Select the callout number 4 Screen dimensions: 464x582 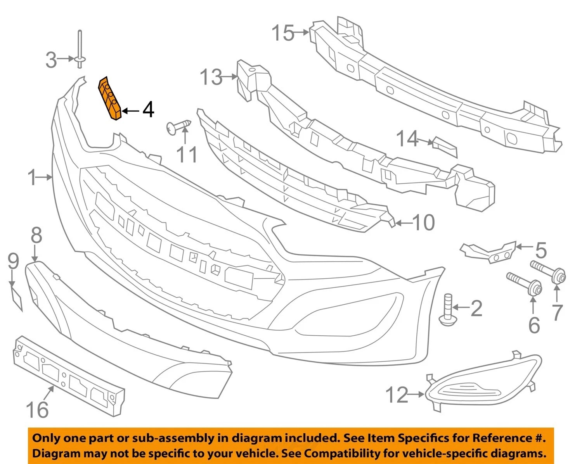coord(148,110)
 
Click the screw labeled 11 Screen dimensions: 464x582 coord(178,127)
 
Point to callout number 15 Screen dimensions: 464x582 coord(283,33)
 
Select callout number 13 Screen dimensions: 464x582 coord(211,77)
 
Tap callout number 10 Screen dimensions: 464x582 coord(423,223)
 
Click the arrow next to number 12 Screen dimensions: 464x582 coord(417,395)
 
